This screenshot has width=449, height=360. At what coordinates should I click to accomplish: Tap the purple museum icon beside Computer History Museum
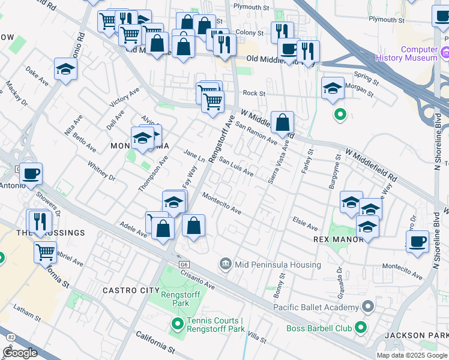pyautogui.click(x=445, y=54)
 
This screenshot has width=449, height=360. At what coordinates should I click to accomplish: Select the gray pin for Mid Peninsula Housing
pyautogui.click(x=225, y=262)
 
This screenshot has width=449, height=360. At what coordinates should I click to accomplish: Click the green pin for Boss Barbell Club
pyautogui.click(x=360, y=327)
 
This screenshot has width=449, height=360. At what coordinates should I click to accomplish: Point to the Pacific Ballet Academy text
pyautogui.click(x=316, y=308)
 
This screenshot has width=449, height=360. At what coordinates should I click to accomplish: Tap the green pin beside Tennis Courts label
pyautogui.click(x=177, y=325)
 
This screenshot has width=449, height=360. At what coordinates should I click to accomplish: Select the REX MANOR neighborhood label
pyautogui.click(x=339, y=239)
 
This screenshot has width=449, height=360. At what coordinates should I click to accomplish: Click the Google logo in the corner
pyautogui.click(x=20, y=353)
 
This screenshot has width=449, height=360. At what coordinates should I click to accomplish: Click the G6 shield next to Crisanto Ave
pyautogui.click(x=183, y=264)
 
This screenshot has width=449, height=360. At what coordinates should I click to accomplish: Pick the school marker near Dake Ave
pyautogui.click(x=65, y=70)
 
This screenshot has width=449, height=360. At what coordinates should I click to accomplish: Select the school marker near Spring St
pyautogui.click(x=333, y=89)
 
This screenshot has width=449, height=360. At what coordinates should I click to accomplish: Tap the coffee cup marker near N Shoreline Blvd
pyautogui.click(x=417, y=242)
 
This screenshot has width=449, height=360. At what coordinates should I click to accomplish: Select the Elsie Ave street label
pyautogui.click(x=304, y=224)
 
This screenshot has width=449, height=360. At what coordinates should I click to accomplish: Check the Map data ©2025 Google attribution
pyautogui.click(x=411, y=355)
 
